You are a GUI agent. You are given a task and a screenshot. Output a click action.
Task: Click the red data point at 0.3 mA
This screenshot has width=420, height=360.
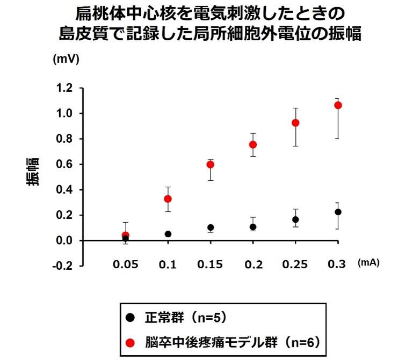tap(338, 105)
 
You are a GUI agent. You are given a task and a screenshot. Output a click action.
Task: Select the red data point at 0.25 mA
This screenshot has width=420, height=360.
tap(295, 123)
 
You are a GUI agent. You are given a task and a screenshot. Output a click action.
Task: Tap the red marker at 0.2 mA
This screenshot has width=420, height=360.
tap(253, 144)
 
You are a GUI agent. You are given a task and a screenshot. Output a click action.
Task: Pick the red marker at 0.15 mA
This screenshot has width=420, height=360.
tap(211, 164)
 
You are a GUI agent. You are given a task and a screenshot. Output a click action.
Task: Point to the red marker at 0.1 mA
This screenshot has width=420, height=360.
tap(168, 199)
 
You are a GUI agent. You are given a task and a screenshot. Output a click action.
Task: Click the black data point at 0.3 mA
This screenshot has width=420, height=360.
tap(338, 212)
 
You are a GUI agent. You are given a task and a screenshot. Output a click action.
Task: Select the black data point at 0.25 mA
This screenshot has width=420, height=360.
tap(295, 219)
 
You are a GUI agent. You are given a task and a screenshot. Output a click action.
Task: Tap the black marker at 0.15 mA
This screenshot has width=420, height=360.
tap(211, 227)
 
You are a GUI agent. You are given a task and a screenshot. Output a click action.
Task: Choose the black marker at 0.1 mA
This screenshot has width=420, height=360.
tap(168, 234)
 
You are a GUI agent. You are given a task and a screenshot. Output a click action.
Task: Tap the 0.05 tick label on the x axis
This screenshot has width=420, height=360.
tap(126, 265)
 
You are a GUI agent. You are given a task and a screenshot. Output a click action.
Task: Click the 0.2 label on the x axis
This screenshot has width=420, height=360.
tap(253, 265)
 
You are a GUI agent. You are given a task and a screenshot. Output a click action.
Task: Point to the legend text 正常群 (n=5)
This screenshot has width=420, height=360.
tap(185, 317)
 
